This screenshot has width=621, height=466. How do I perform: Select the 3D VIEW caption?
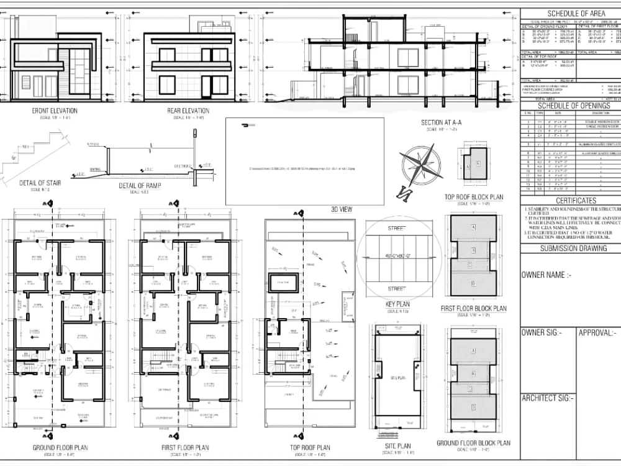click(342, 209)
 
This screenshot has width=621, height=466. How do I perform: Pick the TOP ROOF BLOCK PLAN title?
click(474, 197)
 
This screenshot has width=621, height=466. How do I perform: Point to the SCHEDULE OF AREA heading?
click(571, 14)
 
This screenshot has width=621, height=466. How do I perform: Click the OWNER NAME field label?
click(546, 275)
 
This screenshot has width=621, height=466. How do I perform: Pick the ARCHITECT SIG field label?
click(548, 398)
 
